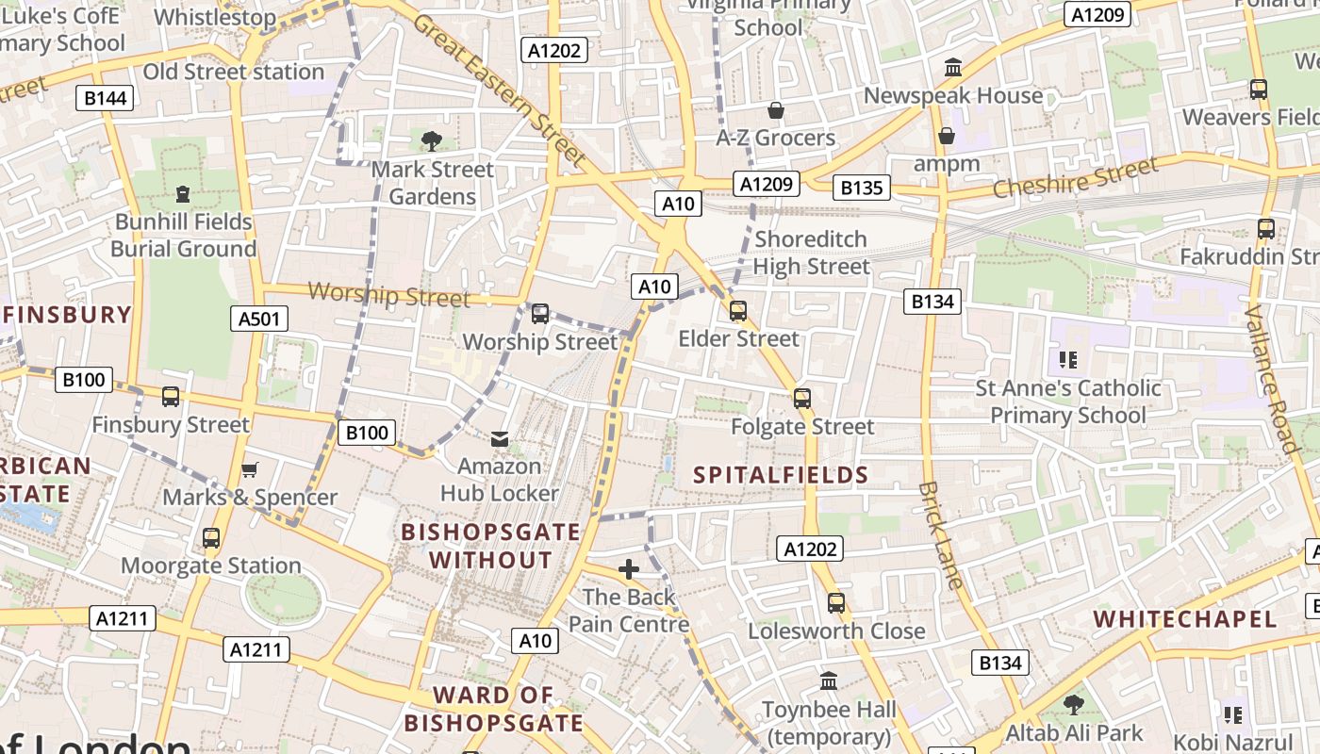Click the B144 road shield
click(x=105, y=98)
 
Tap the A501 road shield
click(x=259, y=319)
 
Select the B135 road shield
click(x=862, y=188)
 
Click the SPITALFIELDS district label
click(x=781, y=474)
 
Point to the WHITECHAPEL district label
click(x=1184, y=619)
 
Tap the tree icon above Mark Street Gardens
click(x=432, y=141)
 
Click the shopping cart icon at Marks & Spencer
click(x=250, y=469)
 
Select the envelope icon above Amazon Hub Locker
click(x=500, y=438)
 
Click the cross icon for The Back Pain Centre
click(x=629, y=569)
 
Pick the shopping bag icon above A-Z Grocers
click(x=776, y=111)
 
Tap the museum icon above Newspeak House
click(x=953, y=68)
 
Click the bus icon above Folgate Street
click(x=802, y=399)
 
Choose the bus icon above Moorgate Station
click(x=211, y=538)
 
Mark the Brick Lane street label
click(x=941, y=535)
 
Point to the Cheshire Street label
click(x=1075, y=178)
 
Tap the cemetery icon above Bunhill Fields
click(x=183, y=194)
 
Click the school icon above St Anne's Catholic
click(x=1068, y=359)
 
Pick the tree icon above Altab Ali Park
click(x=1073, y=704)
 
